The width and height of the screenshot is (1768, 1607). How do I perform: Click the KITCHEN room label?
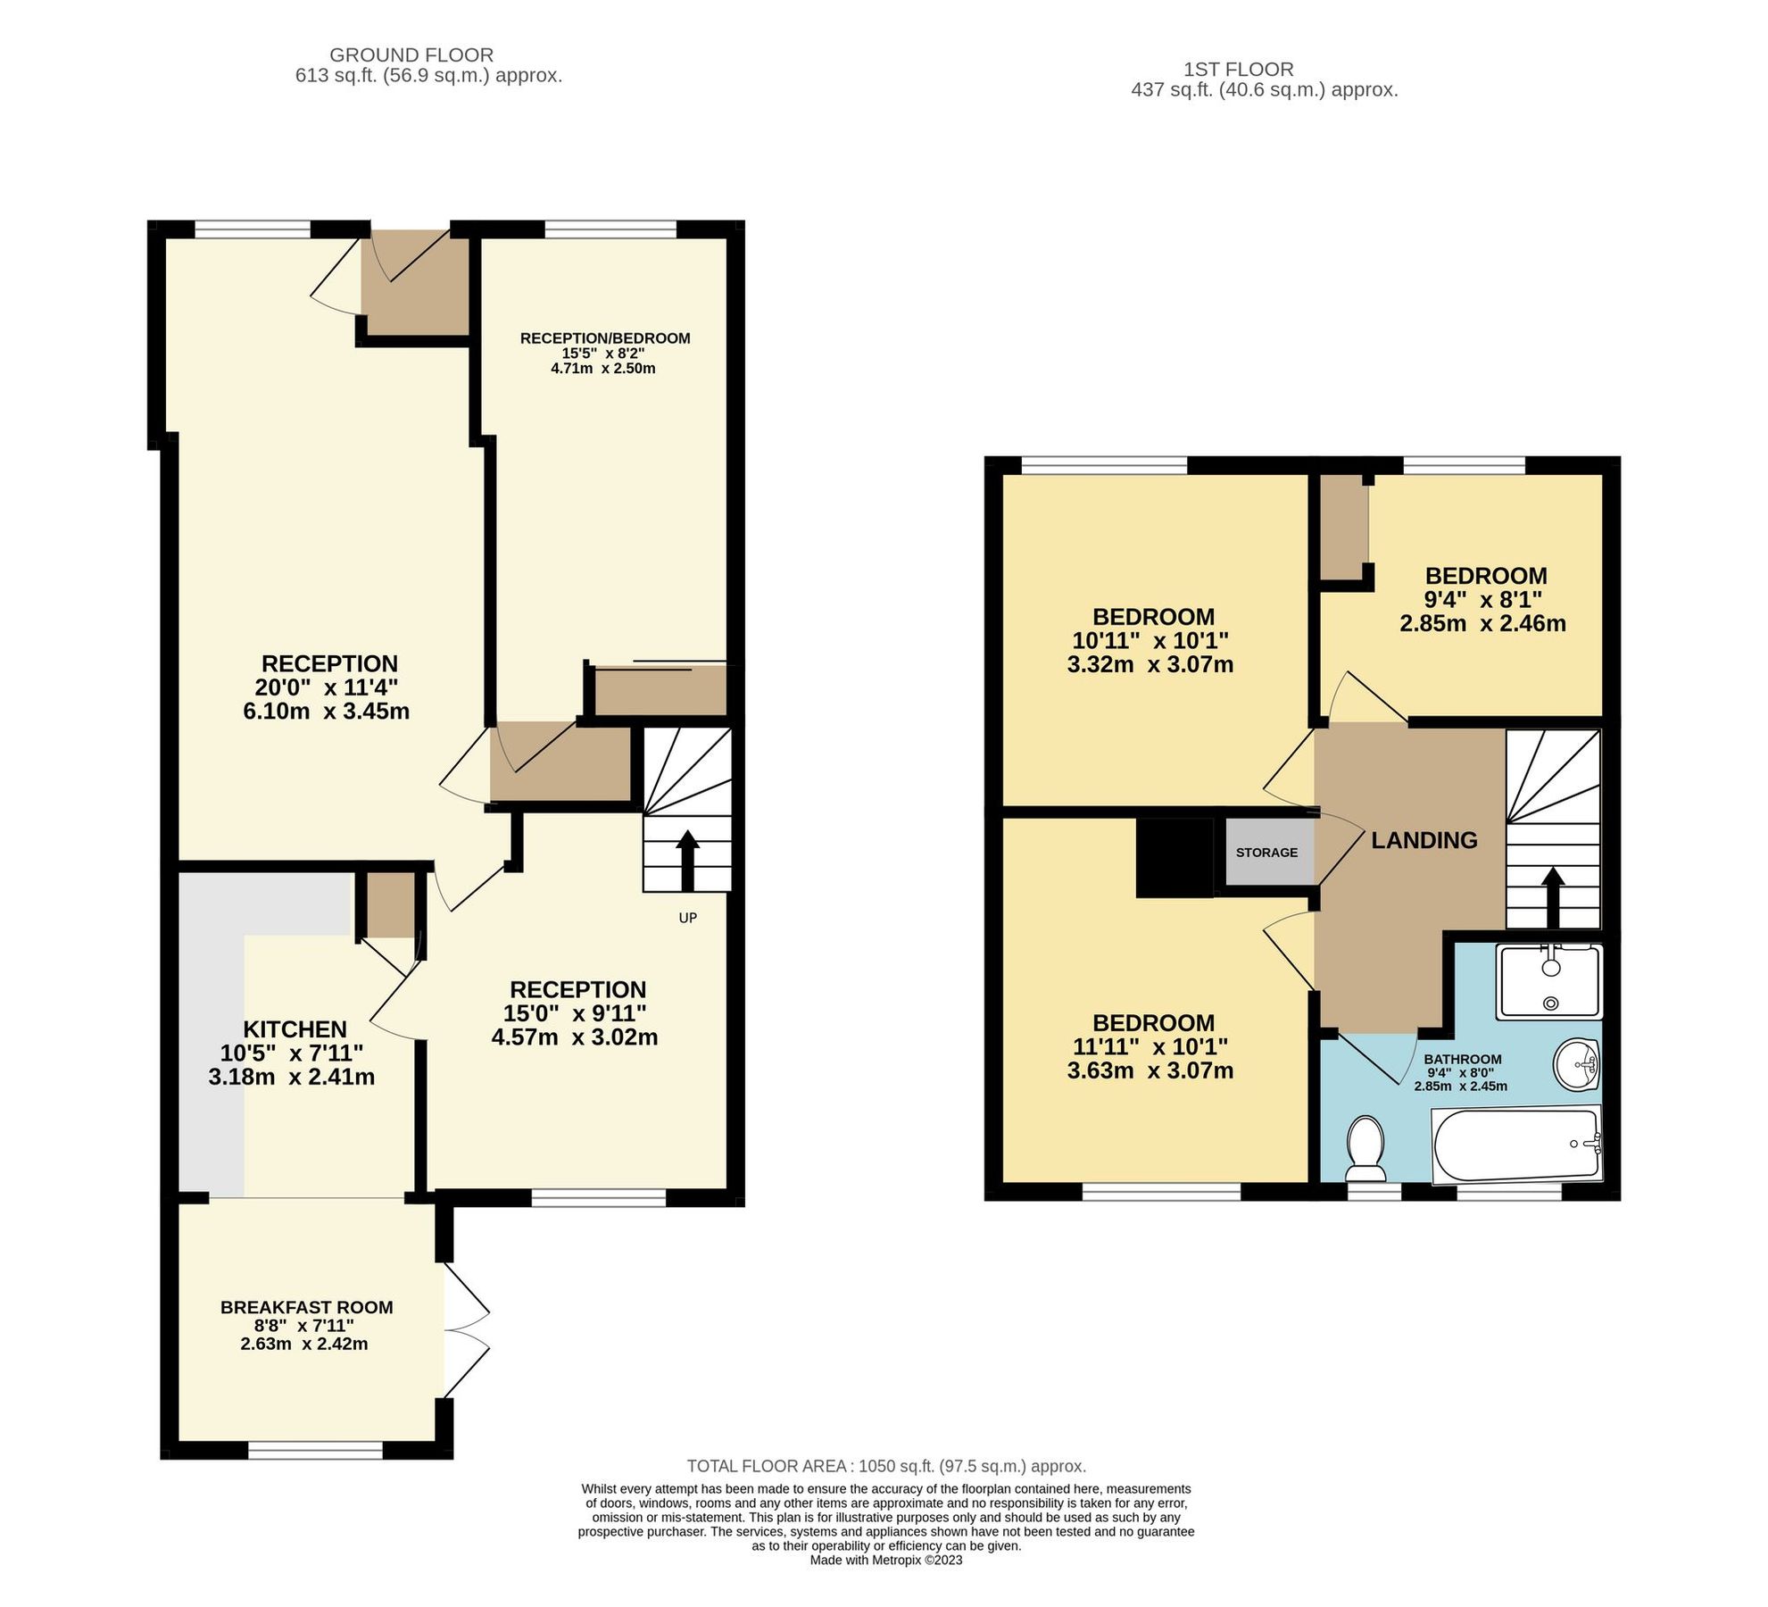coord(295,1028)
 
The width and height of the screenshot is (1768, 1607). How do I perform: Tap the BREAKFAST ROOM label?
coord(306,1307)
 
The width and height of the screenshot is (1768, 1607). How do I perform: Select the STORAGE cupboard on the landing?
coord(1266,853)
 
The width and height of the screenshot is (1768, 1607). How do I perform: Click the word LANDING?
coord(1424,840)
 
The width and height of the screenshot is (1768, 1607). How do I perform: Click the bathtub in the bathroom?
coord(1515,1145)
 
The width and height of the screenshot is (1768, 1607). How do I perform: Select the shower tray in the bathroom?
coord(1550,982)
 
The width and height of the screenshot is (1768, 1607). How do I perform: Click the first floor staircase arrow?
coord(1553,897)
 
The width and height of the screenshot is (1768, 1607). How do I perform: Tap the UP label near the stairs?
coord(687,918)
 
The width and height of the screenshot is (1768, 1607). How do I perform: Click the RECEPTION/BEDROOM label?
coord(605,338)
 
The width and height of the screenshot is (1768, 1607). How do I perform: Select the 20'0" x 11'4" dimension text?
coord(326,687)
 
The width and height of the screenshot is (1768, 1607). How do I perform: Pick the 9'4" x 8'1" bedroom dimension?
coord(1482,600)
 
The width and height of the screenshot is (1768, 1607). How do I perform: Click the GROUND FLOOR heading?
coord(411,55)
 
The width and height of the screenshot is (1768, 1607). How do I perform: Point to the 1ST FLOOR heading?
coord(1238,69)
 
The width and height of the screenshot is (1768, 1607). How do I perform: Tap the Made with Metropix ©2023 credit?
coord(885,1561)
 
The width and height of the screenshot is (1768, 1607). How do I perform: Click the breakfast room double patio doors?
coord(465,1329)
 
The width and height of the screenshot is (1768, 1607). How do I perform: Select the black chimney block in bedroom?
coord(1175,857)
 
